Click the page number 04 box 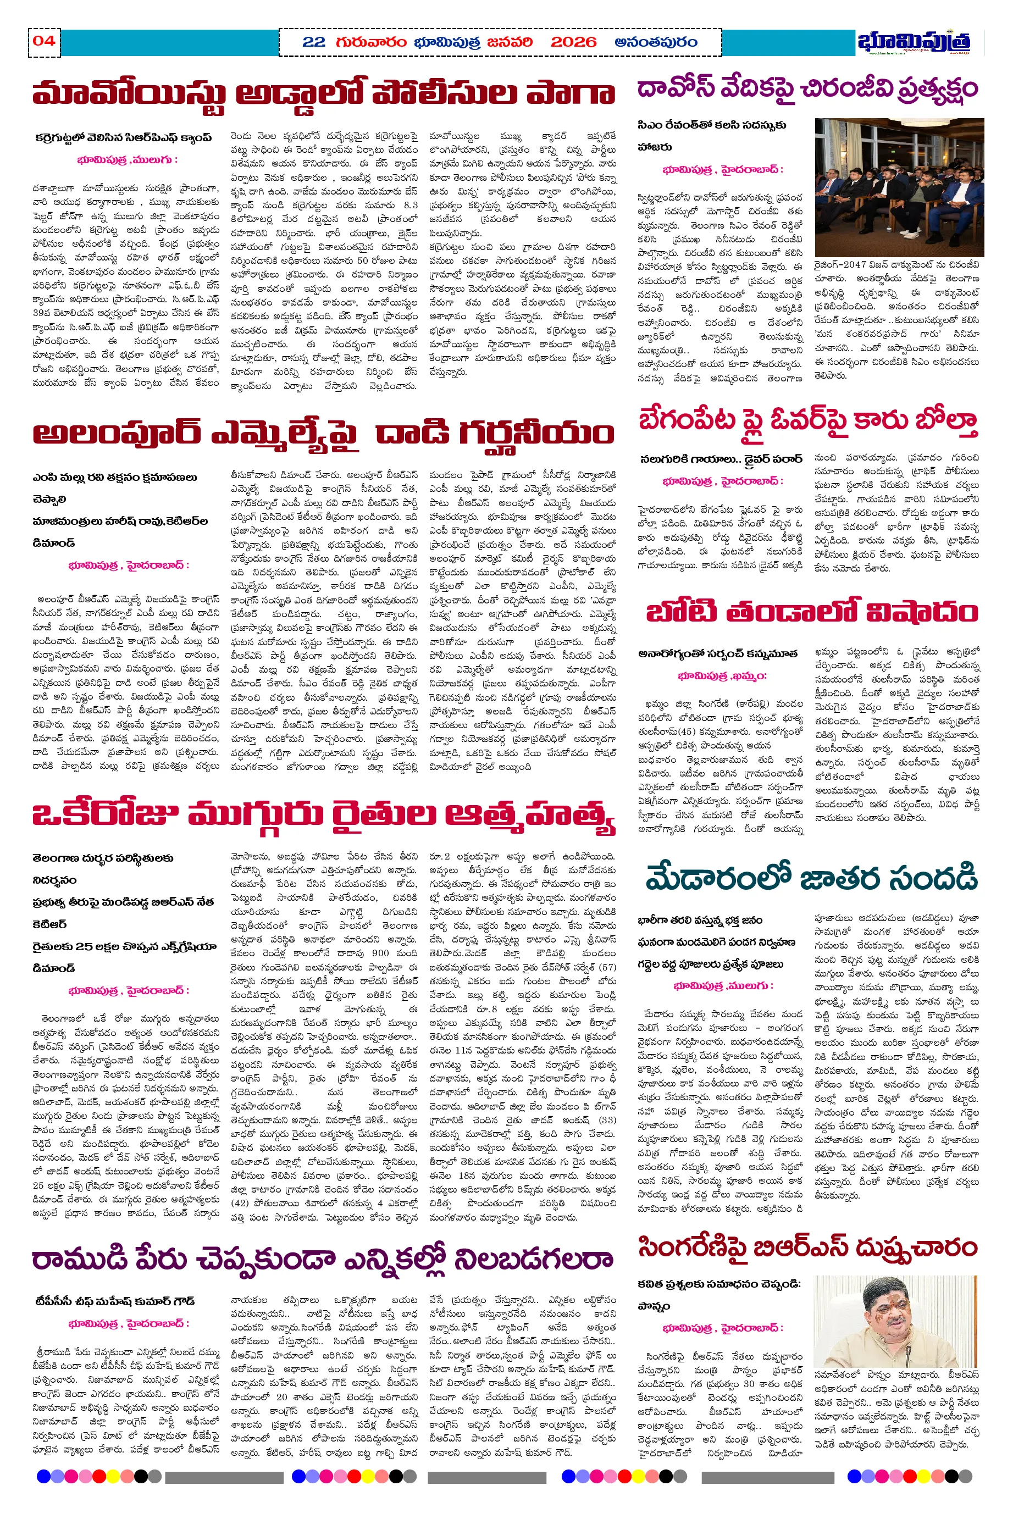click(x=44, y=41)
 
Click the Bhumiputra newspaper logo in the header click(x=914, y=42)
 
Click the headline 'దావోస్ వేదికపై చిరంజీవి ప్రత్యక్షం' click(x=807, y=89)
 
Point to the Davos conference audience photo click(x=899, y=187)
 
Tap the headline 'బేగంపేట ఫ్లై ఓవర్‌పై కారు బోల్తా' click(x=807, y=421)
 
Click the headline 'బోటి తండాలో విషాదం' click(x=812, y=612)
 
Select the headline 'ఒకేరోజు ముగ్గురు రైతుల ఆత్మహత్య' click(x=323, y=814)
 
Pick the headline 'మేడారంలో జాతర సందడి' click(x=811, y=878)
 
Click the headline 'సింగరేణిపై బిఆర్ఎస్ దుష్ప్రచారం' click(x=807, y=1247)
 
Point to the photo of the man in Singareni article click(x=895, y=1321)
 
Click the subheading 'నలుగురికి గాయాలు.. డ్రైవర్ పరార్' click(x=721, y=459)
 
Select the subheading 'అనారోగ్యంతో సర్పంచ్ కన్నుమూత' click(x=718, y=653)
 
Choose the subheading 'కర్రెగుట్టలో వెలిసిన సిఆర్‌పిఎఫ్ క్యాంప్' click(x=123, y=137)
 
